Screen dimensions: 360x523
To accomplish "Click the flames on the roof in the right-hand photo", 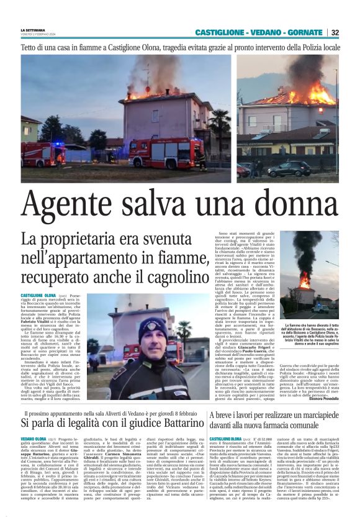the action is click(x=310, y=95).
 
